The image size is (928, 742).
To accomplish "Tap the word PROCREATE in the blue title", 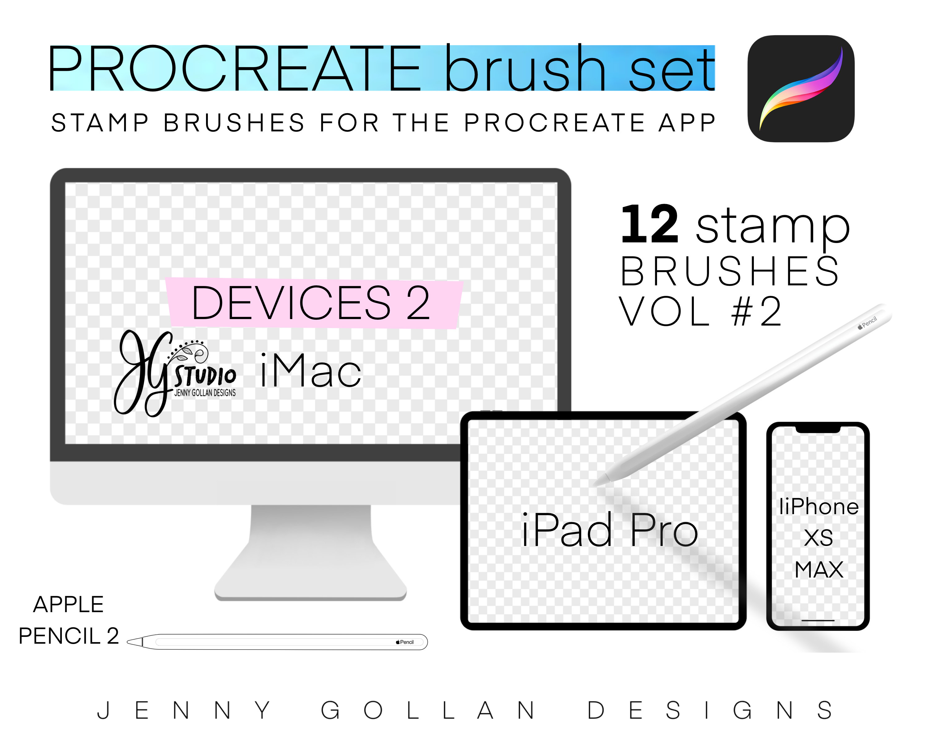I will click(x=234, y=69).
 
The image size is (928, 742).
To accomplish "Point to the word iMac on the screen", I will click(x=311, y=371).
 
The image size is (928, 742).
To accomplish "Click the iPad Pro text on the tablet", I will click(x=609, y=530).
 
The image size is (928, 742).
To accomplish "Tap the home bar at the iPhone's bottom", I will click(x=818, y=620).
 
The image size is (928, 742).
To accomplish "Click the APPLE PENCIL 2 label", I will click(x=69, y=620).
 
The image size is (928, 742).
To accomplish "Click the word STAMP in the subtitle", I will click(x=100, y=123).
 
